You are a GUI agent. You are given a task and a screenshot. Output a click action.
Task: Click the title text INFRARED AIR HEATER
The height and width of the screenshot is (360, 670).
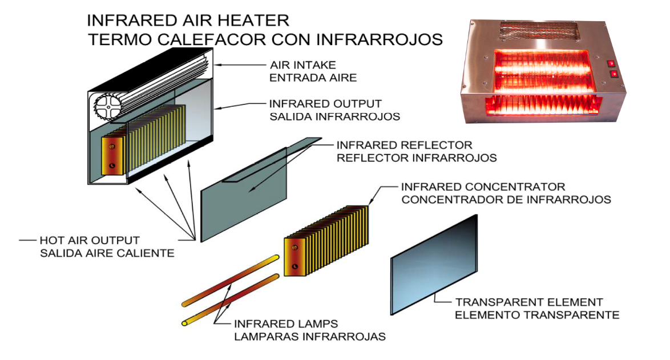188,21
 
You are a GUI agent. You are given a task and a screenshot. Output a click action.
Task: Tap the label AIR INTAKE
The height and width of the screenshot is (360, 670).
303,65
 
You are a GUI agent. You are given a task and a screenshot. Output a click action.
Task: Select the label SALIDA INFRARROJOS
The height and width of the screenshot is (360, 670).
334,116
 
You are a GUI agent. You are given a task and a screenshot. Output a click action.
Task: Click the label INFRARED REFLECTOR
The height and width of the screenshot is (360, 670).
404,145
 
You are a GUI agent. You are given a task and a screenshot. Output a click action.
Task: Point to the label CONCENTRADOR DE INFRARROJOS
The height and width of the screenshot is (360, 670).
506,200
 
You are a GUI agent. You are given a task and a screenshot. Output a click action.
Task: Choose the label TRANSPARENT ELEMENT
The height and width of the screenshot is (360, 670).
529,302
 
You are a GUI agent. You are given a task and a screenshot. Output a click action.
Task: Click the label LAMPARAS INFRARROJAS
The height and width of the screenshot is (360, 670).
310,337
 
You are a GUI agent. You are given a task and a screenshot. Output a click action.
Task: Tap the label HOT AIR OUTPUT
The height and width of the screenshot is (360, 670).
90,240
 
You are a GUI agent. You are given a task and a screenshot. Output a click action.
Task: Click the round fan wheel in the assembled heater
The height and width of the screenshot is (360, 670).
108,106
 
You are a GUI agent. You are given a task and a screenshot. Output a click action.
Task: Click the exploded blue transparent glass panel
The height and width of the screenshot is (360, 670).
434,265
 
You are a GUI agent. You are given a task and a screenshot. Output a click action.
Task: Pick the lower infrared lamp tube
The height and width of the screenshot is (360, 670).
231,300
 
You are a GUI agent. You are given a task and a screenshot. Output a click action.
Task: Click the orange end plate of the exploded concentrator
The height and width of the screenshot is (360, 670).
295,257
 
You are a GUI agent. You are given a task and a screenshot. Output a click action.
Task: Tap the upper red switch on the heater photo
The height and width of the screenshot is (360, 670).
611,64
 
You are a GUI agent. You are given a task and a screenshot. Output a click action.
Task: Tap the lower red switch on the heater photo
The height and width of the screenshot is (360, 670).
614,74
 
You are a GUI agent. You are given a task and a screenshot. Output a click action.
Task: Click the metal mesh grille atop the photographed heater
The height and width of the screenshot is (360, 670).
539,32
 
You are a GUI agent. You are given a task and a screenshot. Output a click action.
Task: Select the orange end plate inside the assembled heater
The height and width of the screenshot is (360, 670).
112,156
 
